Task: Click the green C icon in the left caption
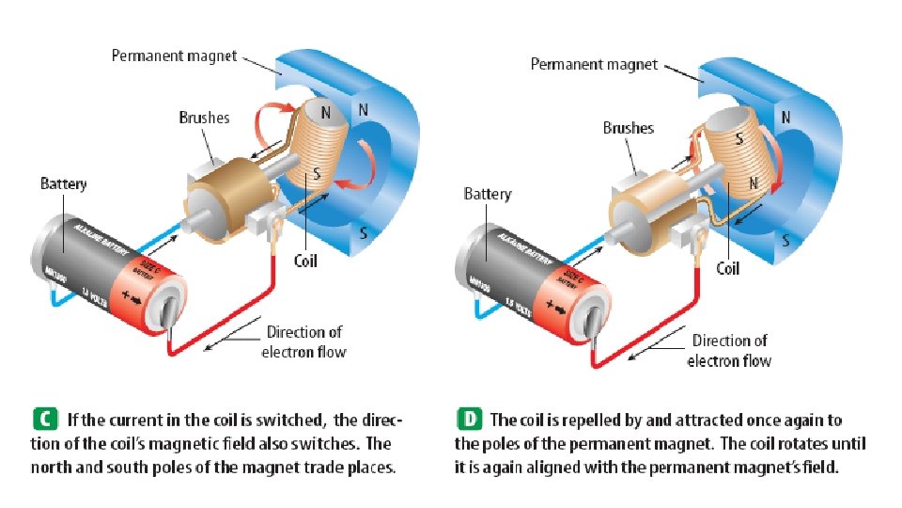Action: point(43,419)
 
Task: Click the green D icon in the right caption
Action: point(467,419)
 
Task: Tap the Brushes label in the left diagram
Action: point(204,119)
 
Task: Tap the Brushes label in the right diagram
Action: point(628,128)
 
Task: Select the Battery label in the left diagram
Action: point(63,183)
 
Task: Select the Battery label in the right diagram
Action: point(488,194)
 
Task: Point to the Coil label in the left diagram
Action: point(306,261)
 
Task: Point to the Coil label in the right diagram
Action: point(728,268)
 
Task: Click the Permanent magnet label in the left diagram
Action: point(174,56)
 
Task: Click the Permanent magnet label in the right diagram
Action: point(593,64)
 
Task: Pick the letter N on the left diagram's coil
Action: point(325,112)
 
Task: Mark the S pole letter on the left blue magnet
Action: point(362,230)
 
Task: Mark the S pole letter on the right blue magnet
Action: point(784,240)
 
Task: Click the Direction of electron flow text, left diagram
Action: point(304,342)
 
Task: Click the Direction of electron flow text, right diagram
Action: point(729,350)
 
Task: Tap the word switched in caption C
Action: point(291,419)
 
